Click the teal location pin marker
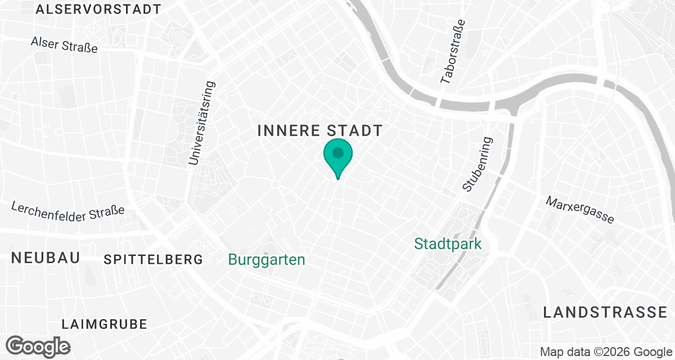pos(337,157)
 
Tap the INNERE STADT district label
pos(319,131)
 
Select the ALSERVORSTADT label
pos(98,10)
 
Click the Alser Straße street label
pos(64,44)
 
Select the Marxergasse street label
pos(580,210)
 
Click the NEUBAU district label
pos(46,258)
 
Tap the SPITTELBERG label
pos(153,259)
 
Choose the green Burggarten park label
pos(267,259)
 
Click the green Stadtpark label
pos(448,244)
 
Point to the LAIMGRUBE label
pos(104,324)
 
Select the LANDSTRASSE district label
pos(605,313)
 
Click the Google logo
pos(38,345)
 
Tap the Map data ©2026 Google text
pos(605,352)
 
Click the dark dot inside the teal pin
pos(337,152)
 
